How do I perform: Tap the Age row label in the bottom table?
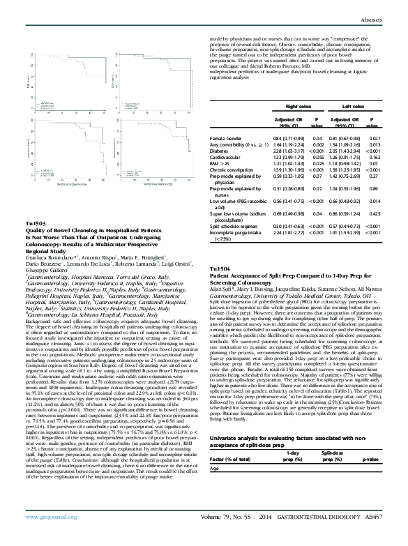214,508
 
